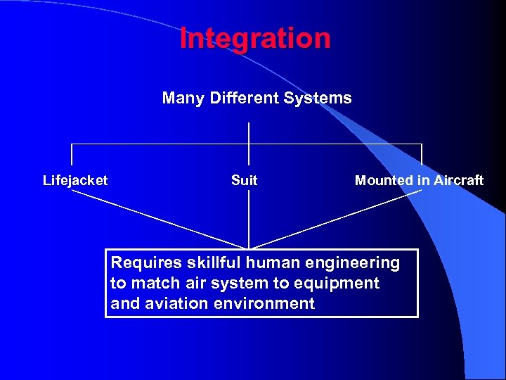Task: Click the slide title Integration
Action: (x=255, y=38)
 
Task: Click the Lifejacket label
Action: (x=75, y=180)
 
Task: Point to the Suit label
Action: (x=244, y=180)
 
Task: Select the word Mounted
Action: (x=384, y=180)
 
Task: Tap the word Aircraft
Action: (x=458, y=180)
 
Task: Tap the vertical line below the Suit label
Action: (x=249, y=218)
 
